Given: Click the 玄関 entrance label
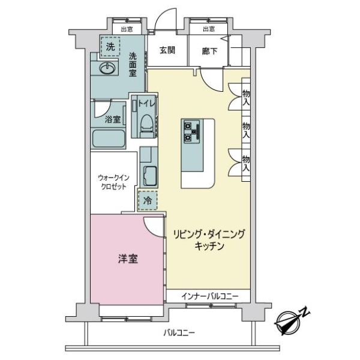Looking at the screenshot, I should (166, 51).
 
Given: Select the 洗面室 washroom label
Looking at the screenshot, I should (133, 64).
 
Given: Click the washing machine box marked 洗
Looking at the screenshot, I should (110, 46).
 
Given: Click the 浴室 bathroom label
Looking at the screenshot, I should (112, 119).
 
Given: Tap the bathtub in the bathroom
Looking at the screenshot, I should (108, 139).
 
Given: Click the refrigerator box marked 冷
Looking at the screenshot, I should (147, 200).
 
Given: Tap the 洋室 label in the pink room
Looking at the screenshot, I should (127, 259).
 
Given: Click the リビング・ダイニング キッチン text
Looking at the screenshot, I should (209, 240).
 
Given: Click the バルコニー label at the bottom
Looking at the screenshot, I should (179, 334).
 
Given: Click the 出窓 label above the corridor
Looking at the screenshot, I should (208, 29).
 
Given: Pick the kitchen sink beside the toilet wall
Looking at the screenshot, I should (148, 175).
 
